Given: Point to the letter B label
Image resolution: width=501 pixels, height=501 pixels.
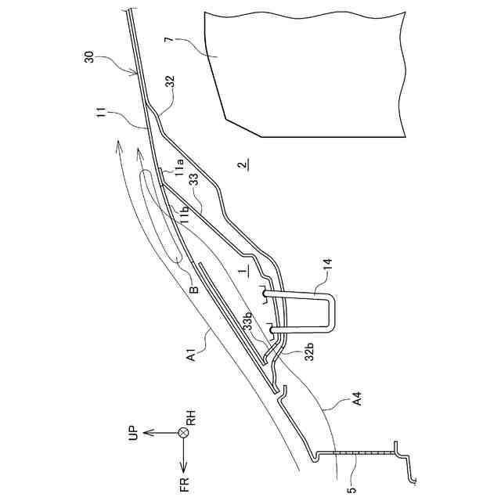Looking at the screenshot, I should [193, 288].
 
